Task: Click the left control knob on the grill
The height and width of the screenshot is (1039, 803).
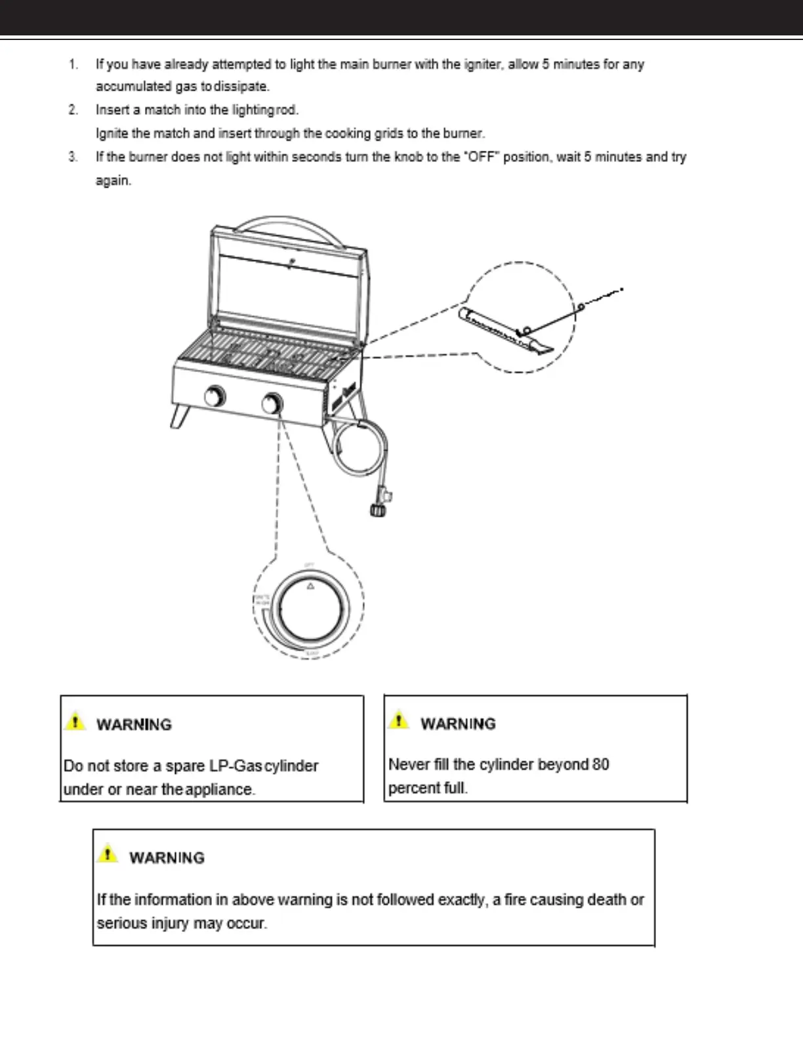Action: click(x=215, y=397)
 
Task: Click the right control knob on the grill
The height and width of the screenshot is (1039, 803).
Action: click(x=272, y=403)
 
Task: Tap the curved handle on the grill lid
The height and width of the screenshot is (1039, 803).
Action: click(x=289, y=226)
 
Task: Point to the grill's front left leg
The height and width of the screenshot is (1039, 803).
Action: click(x=179, y=417)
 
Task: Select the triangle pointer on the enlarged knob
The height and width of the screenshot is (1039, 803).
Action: click(x=310, y=586)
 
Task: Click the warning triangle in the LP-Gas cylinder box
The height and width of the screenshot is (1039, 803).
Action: click(x=75, y=721)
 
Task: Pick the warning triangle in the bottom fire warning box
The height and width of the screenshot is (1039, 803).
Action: click(x=108, y=854)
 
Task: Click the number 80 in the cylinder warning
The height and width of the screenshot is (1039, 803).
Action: click(x=600, y=765)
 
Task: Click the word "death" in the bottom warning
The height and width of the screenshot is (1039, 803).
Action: click(x=607, y=900)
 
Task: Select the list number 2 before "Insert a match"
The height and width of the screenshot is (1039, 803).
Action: click(x=73, y=110)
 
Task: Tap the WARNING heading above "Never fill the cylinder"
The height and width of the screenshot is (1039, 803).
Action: click(x=458, y=723)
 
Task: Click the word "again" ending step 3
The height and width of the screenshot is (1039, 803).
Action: click(x=113, y=180)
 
